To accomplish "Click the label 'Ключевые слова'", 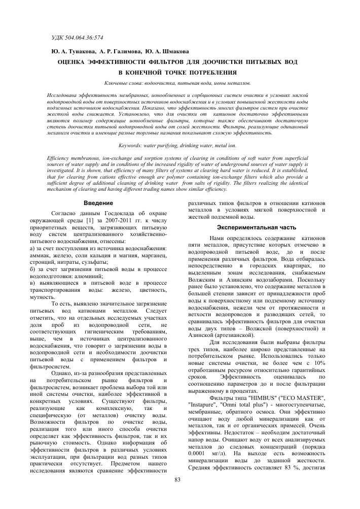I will coord(123,82).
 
